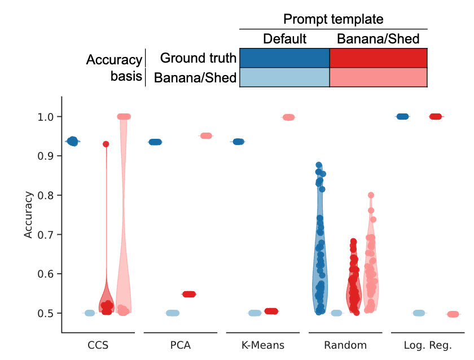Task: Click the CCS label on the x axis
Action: [x=98, y=344]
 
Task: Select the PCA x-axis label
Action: [x=181, y=344]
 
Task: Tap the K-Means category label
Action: [x=264, y=344]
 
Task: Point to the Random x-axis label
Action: [x=346, y=344]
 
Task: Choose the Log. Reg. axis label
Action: [x=429, y=344]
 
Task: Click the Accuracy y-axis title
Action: [x=29, y=214]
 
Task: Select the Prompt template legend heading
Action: [x=333, y=19]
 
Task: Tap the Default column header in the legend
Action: [x=284, y=39]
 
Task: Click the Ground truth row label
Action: [x=197, y=58]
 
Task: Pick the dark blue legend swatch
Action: [x=284, y=58]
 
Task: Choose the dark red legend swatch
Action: [x=378, y=58]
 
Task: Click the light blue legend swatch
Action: [x=284, y=77]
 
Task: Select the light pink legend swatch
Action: [x=378, y=77]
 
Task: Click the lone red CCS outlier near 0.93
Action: [x=106, y=144]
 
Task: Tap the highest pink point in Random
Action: [x=371, y=195]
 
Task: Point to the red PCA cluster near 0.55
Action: [x=188, y=294]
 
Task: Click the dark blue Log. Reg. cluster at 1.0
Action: [x=402, y=116]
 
